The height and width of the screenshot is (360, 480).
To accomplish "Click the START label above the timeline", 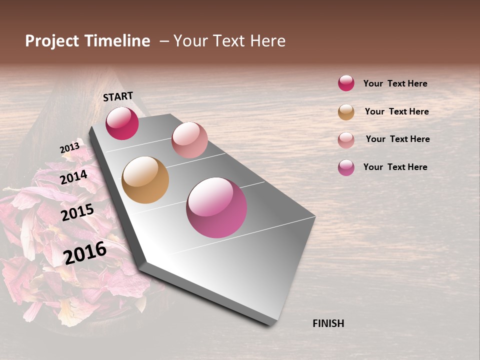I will click(118, 96).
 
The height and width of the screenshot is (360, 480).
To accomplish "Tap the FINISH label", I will click(328, 323).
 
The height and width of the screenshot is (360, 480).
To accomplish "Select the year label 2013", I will click(69, 148).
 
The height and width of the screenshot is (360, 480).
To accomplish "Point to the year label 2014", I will click(74, 177).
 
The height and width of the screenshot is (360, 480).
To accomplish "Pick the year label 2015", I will click(77, 213).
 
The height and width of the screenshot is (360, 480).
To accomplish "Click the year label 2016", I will click(85, 252).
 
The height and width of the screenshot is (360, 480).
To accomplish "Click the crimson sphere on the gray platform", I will click(122, 123).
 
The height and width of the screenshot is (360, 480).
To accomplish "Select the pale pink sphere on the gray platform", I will click(189, 140).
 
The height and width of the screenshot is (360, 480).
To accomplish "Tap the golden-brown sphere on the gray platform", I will click(145, 180).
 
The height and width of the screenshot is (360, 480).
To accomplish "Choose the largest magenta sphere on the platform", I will click(216, 207).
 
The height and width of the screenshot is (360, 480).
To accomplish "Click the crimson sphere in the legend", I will click(346, 83).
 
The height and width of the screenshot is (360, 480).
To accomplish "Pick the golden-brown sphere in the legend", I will click(346, 112).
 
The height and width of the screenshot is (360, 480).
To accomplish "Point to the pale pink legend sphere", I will click(346, 140).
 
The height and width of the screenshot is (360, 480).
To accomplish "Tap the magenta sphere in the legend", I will click(346, 167).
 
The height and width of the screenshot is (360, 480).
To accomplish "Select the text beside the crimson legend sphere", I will click(395, 83).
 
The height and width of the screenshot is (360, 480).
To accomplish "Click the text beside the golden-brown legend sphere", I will click(396, 111).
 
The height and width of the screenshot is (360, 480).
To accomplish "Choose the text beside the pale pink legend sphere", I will click(397, 139).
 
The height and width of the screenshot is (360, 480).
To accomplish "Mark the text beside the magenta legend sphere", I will click(395, 167).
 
